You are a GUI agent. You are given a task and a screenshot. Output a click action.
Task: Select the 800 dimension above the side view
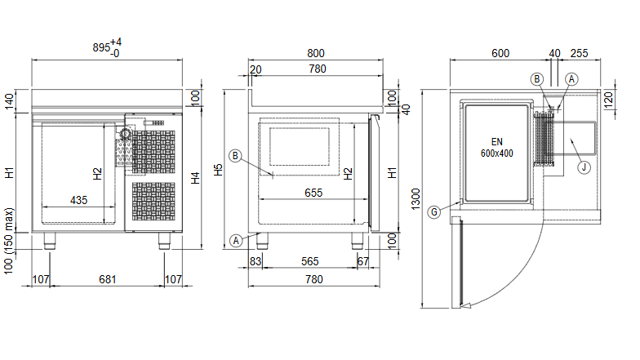[x=315, y=54]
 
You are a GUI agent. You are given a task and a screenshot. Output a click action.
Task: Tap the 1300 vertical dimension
[x=416, y=199]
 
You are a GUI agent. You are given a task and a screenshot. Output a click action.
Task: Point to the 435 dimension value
[x=78, y=200]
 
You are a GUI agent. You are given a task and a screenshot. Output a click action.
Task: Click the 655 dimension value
[x=313, y=193]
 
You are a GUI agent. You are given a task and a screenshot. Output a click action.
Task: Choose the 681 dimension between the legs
[x=108, y=279]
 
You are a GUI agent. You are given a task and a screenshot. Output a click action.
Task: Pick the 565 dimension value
[x=310, y=261]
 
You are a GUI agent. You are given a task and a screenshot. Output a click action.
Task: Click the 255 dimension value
[x=580, y=54]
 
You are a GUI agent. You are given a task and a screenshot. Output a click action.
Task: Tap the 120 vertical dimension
[x=608, y=100]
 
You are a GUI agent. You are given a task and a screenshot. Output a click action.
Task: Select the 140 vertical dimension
[x=9, y=101]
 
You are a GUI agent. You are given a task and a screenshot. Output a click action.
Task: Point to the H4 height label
[x=196, y=178]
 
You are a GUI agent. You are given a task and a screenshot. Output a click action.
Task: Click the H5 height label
[x=219, y=170]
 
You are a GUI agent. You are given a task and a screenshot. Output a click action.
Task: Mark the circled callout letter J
[x=584, y=167]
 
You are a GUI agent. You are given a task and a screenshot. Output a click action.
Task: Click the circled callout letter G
[x=434, y=212]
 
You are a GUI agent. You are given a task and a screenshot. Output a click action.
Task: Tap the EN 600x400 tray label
[x=496, y=147]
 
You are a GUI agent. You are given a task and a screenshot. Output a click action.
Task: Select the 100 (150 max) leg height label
[x=9, y=242]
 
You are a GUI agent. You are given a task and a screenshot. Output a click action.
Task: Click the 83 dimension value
[x=255, y=261]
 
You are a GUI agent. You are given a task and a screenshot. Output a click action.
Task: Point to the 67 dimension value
[x=362, y=261]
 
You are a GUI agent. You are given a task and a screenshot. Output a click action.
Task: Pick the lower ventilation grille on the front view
[x=153, y=201]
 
